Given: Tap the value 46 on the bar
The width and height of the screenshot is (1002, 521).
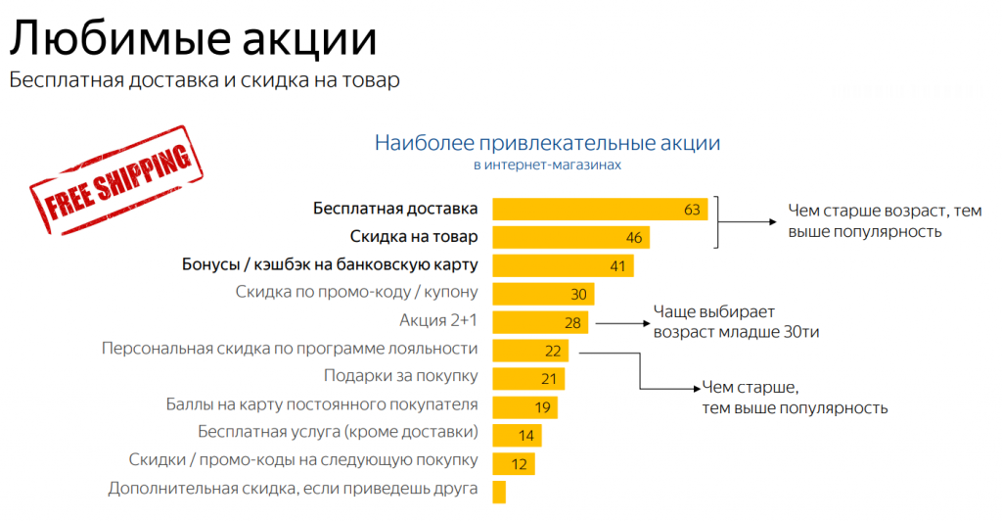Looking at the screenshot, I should click(634, 238).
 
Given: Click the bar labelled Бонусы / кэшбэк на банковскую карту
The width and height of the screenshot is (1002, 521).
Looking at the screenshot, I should click(563, 265).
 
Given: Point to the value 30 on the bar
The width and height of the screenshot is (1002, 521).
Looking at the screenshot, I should click(578, 295).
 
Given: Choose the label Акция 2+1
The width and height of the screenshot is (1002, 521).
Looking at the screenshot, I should click(438, 320).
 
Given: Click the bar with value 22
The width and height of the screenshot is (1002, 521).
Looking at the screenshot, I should click(530, 351).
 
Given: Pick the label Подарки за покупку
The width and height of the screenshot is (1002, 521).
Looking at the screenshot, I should click(400, 376).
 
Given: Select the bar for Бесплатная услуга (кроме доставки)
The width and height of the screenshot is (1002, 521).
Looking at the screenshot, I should click(516, 435).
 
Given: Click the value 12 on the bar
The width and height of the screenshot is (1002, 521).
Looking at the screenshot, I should click(519, 463).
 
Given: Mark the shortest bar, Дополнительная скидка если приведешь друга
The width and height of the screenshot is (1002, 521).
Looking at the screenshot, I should click(499, 491).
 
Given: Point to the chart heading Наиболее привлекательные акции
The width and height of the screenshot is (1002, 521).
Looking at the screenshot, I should click(547, 143).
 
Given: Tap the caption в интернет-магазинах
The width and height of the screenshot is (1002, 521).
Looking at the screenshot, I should click(547, 166).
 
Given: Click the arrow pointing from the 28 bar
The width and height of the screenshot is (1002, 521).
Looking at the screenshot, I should click(621, 322).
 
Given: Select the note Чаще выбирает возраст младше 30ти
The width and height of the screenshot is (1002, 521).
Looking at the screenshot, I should click(734, 322).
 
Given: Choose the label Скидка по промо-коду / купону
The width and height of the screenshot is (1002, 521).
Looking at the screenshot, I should click(356, 292).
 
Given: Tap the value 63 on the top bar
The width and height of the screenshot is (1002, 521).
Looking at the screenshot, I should click(693, 210).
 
